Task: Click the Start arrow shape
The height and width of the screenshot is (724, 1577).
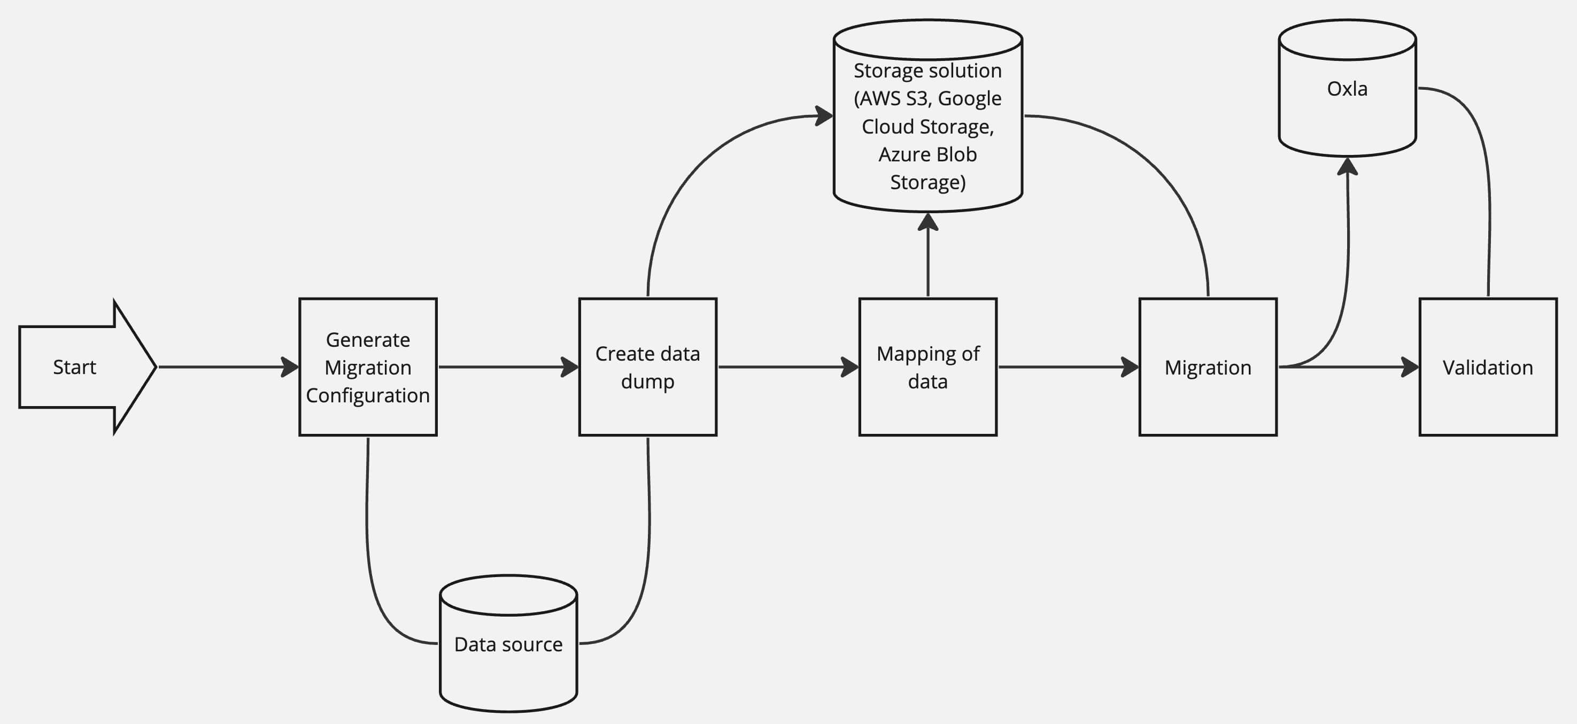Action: pos(80,367)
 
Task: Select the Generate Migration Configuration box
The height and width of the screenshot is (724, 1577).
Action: pos(367,367)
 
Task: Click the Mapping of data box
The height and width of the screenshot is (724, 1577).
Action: pos(927,367)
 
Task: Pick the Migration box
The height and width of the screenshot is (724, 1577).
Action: pos(1207,367)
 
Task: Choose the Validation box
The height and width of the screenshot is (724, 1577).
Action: pos(1488,367)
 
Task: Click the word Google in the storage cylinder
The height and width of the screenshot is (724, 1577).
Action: pos(969,98)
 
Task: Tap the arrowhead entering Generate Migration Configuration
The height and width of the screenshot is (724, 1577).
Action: pos(290,367)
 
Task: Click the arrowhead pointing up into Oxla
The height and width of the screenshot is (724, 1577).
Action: pos(1348,166)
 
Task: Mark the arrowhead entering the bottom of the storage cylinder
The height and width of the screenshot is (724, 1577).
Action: pos(928,222)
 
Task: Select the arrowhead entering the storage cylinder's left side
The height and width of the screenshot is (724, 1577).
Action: pos(824,115)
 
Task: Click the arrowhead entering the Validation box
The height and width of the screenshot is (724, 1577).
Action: pos(1410,367)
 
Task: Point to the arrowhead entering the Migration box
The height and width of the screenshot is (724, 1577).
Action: pos(1130,367)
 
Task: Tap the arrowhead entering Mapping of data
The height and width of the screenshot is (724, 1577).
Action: pos(850,367)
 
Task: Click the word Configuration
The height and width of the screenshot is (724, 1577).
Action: pos(367,395)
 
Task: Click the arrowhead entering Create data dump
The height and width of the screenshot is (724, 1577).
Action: pos(570,367)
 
